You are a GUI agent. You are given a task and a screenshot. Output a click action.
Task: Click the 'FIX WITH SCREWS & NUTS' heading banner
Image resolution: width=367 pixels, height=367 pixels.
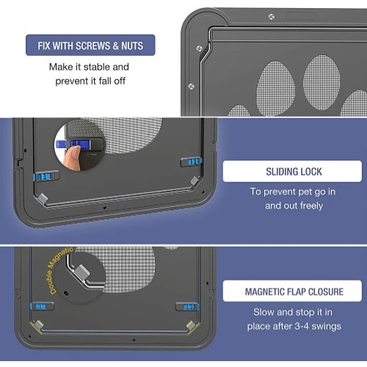pos(90,46)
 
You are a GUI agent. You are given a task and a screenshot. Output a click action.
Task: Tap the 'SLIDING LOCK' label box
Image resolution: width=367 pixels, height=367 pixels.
pos(292,171)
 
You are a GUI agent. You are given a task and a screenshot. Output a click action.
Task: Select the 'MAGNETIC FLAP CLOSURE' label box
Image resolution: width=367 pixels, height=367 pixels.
pos(292,291)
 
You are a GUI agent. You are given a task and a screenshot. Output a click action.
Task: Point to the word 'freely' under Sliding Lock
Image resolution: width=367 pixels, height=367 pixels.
pos(311,206)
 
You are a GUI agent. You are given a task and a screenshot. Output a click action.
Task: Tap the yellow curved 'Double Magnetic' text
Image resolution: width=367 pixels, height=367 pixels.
pos(59,269)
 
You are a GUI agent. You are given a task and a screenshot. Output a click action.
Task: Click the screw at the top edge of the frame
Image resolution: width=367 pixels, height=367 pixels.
pos(272,17)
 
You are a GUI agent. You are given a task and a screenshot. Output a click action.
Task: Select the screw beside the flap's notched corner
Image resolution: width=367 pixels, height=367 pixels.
pos(199,48)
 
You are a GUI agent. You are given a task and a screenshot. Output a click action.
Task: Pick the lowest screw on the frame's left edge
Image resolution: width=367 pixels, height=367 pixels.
pos(192,87)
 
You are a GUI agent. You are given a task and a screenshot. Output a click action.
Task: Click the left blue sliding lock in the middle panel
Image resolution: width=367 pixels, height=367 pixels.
pos(44,176)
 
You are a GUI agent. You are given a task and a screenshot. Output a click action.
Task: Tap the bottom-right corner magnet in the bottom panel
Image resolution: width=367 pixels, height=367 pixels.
pos(191,325)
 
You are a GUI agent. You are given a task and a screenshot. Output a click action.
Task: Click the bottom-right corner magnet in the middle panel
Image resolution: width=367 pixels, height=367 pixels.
pos(195,181)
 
